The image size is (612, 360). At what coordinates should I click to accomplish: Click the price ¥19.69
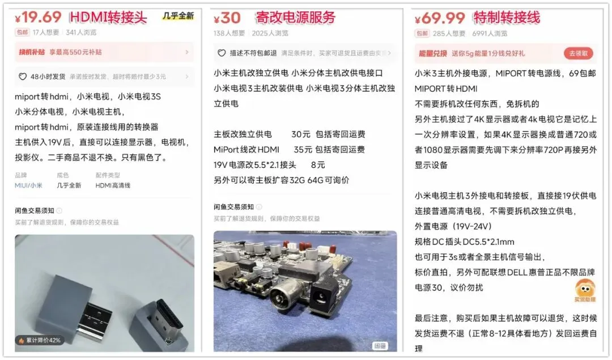pos(38,17)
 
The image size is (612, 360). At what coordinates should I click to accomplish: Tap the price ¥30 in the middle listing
pos(227,18)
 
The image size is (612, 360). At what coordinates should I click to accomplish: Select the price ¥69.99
pos(440,18)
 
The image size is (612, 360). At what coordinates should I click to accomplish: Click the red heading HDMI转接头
pos(108,17)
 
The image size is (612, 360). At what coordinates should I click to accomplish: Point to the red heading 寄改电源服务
pos(295,18)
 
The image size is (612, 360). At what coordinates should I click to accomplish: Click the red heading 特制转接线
pos(507,18)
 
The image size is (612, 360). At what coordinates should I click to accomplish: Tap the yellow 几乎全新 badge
pos(178,16)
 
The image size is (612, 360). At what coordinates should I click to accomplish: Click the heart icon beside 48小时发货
pos(23,77)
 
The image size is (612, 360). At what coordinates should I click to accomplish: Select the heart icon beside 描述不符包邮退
pos(222,53)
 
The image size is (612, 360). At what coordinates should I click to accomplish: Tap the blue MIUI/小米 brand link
pos(28,185)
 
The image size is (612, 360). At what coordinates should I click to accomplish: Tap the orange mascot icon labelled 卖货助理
pos(585,290)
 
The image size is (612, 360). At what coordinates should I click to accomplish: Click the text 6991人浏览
pos(490,33)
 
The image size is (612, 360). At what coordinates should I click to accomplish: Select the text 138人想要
pos(229,33)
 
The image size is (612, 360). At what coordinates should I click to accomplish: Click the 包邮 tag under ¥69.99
pos(422,33)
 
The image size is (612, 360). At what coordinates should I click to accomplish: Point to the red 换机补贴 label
pos(32,52)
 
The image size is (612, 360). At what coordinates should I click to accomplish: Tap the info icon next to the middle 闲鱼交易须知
pos(259,207)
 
